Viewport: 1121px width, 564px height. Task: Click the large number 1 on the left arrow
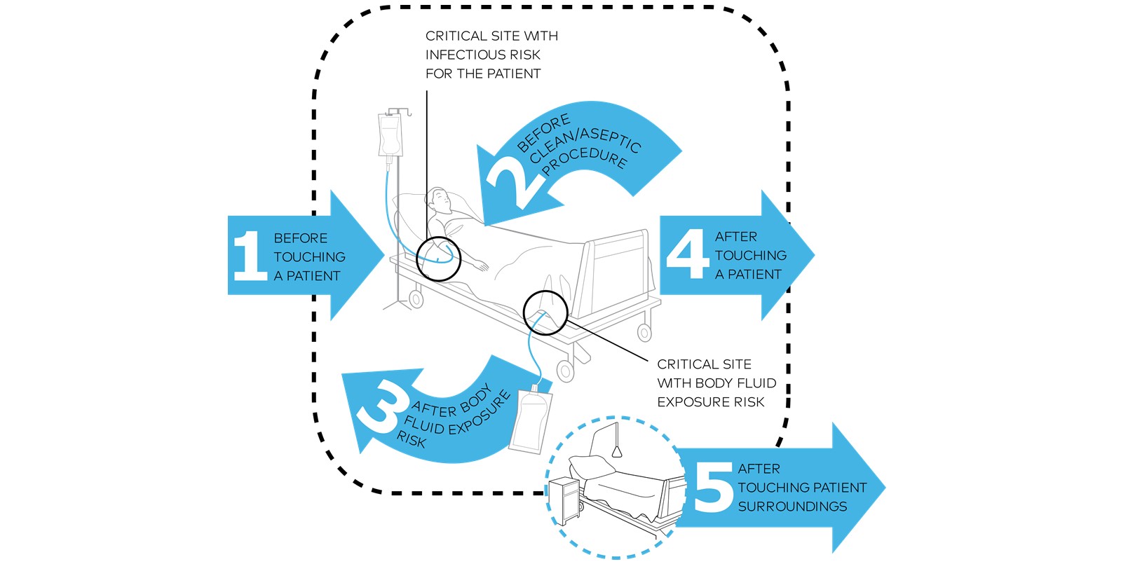250,256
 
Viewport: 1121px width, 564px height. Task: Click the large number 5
713,488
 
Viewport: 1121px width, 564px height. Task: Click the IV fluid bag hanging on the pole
390,135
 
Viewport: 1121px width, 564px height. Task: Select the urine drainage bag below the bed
531,422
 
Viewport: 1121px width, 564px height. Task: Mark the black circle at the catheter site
545,312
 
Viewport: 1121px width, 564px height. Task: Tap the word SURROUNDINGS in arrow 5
792,507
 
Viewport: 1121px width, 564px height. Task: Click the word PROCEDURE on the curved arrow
585,162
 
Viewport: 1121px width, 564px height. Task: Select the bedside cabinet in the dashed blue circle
564,499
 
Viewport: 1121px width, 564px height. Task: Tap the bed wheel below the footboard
644,332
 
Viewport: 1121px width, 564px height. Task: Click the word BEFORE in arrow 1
300,238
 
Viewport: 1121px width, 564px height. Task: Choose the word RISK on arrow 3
412,440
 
